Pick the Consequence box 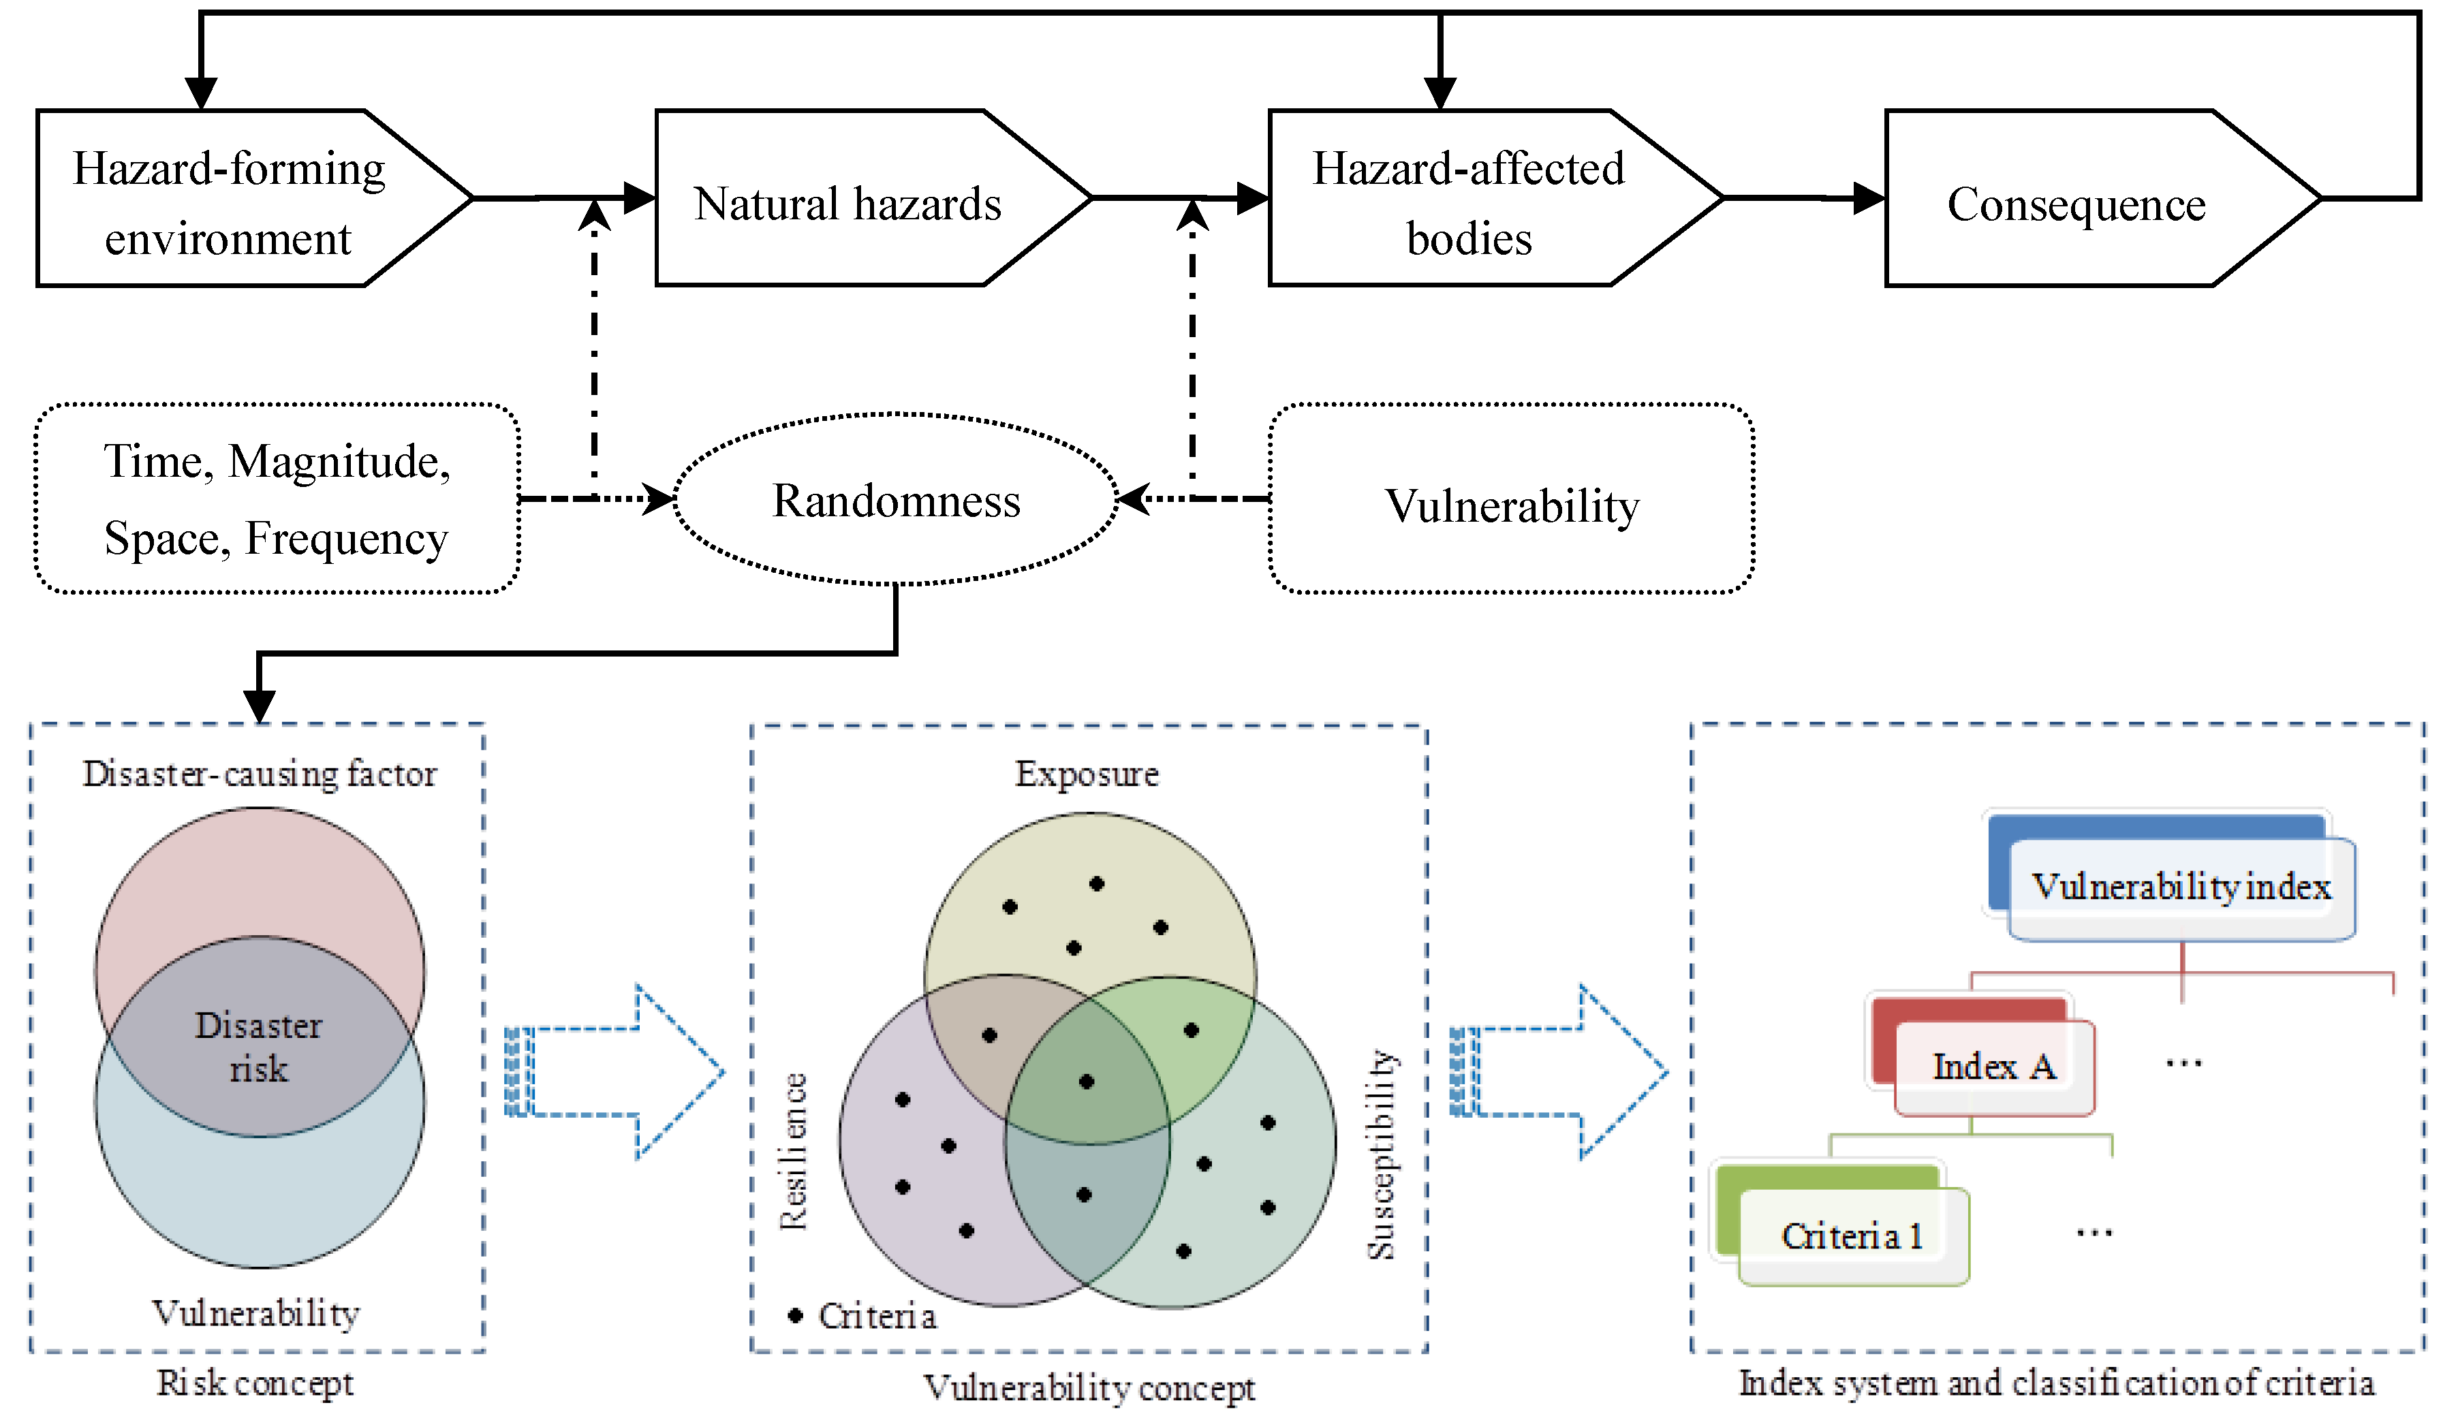click(2076, 202)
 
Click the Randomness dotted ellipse click(896, 500)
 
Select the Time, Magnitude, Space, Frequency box click(277, 499)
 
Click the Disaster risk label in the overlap click(258, 1046)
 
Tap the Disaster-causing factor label click(259, 773)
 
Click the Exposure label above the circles click(1087, 773)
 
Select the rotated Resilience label click(793, 1151)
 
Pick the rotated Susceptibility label click(1381, 1154)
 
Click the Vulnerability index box click(2181, 886)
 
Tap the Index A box click(1993, 1067)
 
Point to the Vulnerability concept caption click(1089, 1387)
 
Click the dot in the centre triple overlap click(1087, 1081)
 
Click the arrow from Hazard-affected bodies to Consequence click(1802, 199)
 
